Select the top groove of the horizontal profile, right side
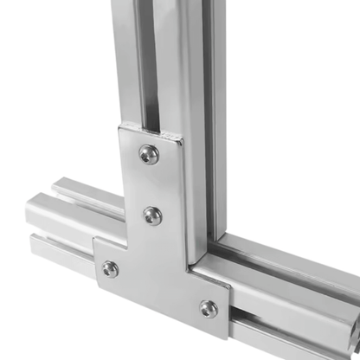point(286,264)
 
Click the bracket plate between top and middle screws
point(151,183)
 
